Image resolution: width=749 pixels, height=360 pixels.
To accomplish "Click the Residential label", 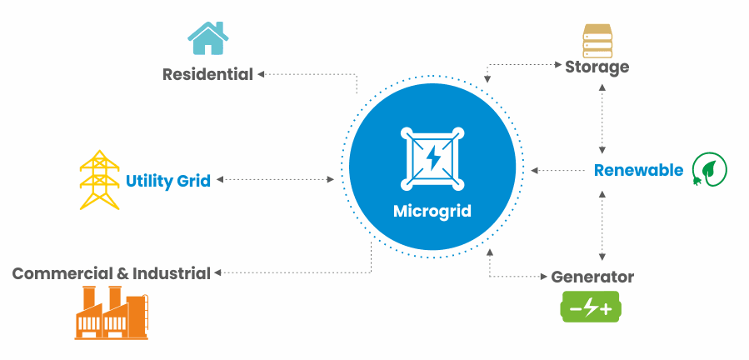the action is point(207,74).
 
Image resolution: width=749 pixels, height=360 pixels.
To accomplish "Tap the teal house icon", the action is point(207,38).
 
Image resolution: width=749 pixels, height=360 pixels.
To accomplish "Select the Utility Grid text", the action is point(168,181).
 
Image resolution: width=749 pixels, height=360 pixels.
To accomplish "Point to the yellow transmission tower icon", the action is point(99,180).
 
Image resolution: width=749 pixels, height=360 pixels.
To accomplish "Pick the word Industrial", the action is point(172,273).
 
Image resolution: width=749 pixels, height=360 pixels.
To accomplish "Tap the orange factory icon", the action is point(112,312).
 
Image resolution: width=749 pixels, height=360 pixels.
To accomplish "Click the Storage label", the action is point(597,67).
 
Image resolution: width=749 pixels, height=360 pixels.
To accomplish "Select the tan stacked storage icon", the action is point(597,40).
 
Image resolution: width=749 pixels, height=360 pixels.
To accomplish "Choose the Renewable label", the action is point(639,170).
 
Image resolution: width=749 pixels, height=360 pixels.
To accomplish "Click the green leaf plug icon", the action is point(710,169).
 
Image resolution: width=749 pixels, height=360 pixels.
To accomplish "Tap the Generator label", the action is point(592,277).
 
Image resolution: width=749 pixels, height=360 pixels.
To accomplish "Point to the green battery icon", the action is point(591,307).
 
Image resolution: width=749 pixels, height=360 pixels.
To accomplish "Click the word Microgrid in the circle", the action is point(432,211).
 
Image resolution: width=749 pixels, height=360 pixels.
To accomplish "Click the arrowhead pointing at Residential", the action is point(261,74).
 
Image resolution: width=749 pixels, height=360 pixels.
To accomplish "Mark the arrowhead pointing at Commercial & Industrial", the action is point(217,273).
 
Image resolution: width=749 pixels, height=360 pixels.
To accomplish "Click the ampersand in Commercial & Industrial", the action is point(122,273).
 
